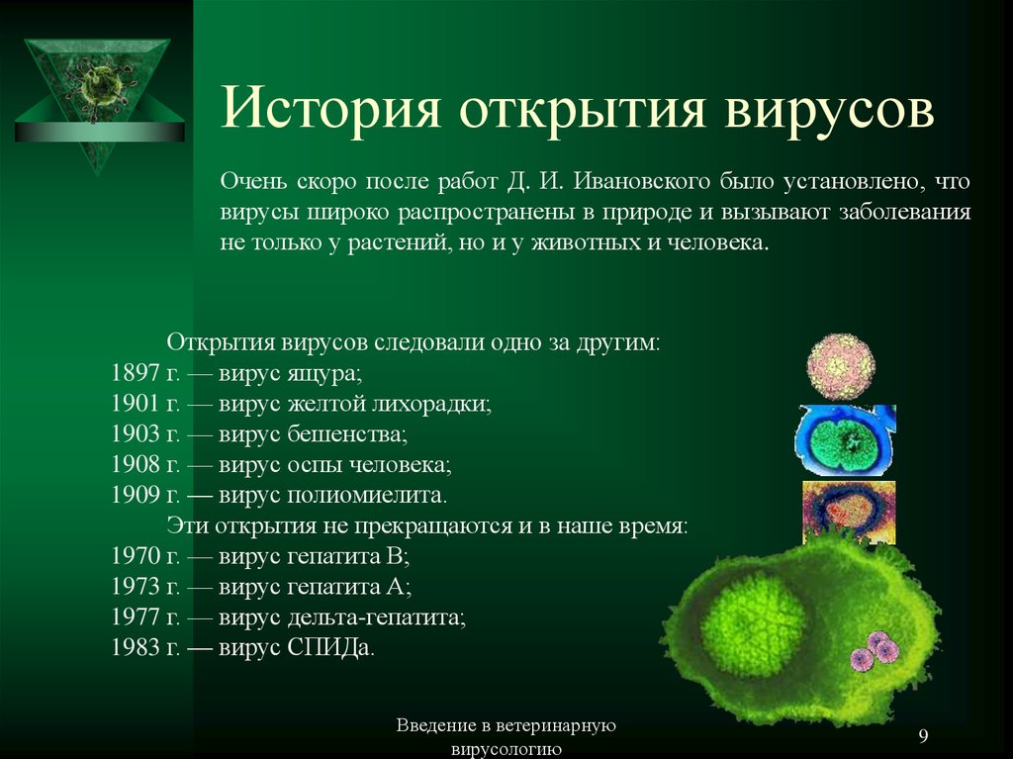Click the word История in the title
[x=331, y=108]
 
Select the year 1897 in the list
[x=135, y=373]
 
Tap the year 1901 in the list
[x=135, y=404]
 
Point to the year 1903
[x=135, y=433]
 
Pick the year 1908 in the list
[x=135, y=464]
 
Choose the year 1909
[x=135, y=495]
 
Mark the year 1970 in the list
[x=135, y=555]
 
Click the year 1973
[x=135, y=586]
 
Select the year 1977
[x=135, y=617]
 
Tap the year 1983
[x=135, y=646]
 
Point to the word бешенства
[x=347, y=433]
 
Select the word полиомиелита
[x=366, y=495]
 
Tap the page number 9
[x=923, y=735]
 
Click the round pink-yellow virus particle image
[x=841, y=366]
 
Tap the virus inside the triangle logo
[x=100, y=87]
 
